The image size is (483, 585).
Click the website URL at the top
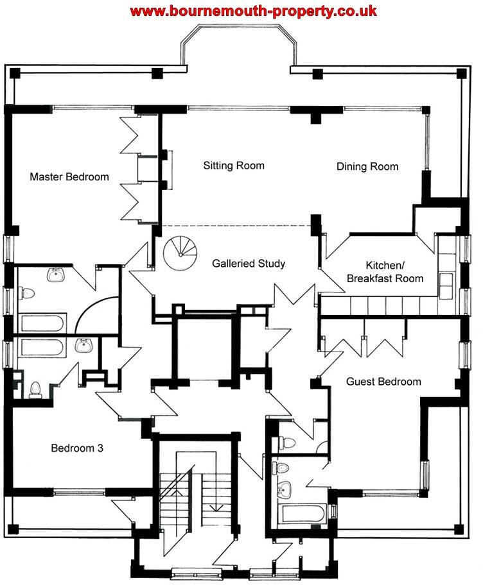tap(254, 11)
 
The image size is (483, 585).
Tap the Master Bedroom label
tap(69, 176)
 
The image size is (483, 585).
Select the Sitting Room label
tap(234, 165)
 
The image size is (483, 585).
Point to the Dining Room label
tap(367, 167)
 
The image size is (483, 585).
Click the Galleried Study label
tap(249, 263)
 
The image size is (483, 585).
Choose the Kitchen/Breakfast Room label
tap(385, 272)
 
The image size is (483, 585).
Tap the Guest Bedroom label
tap(383, 382)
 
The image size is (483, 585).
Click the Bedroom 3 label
tap(77, 448)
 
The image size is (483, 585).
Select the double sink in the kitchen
tap(445, 280)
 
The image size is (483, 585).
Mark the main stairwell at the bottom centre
tap(193, 494)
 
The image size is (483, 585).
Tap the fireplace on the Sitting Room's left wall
tap(169, 169)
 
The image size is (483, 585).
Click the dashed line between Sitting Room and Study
tap(236, 226)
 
